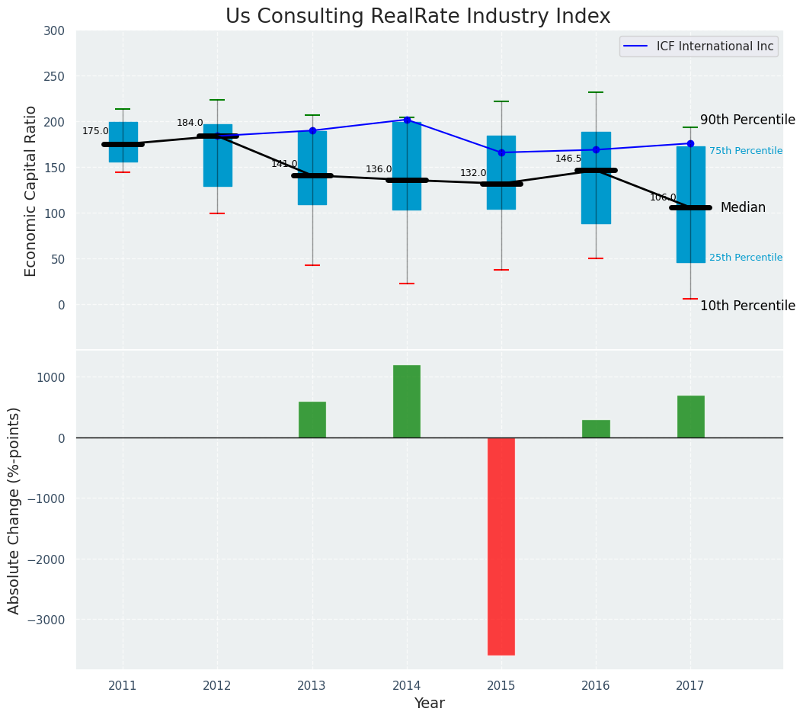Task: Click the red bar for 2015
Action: [501, 546]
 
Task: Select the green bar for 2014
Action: [407, 401]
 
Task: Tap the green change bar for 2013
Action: [312, 419]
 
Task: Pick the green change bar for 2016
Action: [596, 428]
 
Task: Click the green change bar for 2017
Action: [690, 416]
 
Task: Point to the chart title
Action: [417, 17]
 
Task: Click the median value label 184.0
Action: [190, 123]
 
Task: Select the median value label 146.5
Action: [568, 159]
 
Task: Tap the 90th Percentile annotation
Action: [747, 120]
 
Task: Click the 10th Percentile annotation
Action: [747, 306]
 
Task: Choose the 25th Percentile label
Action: [745, 258]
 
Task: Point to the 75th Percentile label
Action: [745, 151]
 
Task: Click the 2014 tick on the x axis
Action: [407, 686]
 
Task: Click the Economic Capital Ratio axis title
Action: [31, 191]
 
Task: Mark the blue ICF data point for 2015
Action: [501, 152]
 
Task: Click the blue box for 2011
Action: [123, 142]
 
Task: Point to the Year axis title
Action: [429, 704]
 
